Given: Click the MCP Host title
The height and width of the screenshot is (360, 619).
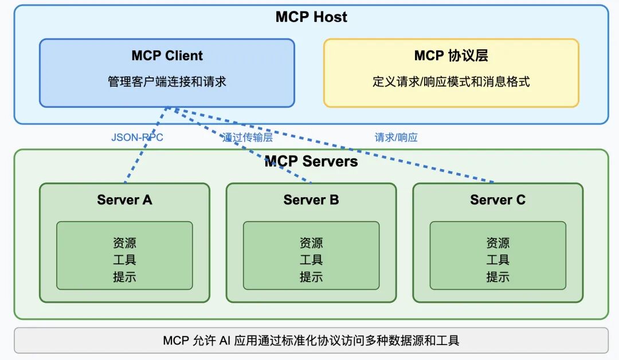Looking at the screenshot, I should tap(311, 17).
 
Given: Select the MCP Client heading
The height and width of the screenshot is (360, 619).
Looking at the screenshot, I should tap(167, 56).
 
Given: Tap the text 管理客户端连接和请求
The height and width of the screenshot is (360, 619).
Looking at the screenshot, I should tap(167, 81).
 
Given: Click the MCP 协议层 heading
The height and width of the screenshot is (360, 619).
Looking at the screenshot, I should tap(451, 56).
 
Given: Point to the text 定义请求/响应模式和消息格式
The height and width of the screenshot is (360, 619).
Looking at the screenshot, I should tap(451, 81).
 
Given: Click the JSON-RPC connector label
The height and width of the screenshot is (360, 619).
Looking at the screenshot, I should tap(137, 138).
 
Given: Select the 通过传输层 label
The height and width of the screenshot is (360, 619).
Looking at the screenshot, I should tap(248, 138).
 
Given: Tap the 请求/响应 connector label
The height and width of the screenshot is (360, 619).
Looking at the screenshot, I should tap(396, 138).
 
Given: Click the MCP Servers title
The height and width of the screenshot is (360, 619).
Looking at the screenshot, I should tap(311, 162).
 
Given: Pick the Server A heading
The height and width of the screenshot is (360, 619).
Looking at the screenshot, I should tap(124, 199).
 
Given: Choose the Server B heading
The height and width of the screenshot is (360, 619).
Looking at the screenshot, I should tap(311, 199).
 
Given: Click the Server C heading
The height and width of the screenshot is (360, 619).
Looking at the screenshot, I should tap(497, 199).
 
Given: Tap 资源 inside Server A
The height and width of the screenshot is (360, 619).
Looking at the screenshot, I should tap(124, 243).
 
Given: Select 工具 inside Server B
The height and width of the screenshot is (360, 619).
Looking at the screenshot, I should tap(311, 260).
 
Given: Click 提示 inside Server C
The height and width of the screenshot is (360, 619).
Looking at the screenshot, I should tap(497, 277).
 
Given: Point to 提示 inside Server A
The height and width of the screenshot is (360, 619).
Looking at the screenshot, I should tap(124, 277).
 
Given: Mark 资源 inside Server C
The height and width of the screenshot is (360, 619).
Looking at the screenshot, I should tap(497, 243).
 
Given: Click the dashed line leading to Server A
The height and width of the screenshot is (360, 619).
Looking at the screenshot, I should tap(138, 161).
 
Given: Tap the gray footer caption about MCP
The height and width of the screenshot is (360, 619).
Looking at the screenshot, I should tap(311, 341).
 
